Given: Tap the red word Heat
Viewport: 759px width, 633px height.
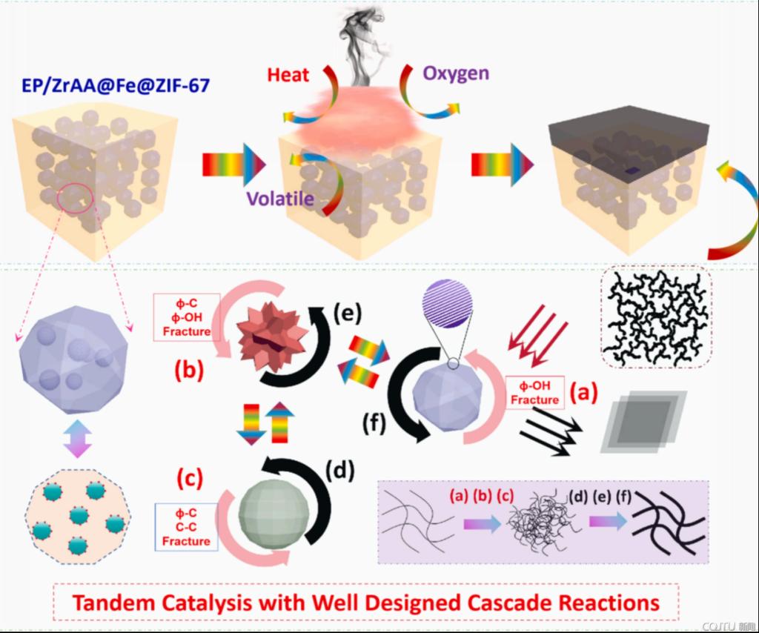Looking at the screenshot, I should pos(288,75).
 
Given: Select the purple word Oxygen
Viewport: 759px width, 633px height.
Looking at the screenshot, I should pos(456,73).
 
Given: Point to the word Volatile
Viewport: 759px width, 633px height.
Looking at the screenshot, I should pos(281,199).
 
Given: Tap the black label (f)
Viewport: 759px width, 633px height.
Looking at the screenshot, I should pos(377,425).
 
